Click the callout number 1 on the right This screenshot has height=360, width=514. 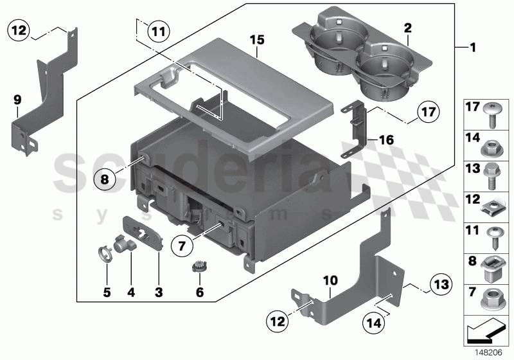(x=473, y=48)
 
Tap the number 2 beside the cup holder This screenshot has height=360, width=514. (x=407, y=29)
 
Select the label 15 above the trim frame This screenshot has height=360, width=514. (x=256, y=40)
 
